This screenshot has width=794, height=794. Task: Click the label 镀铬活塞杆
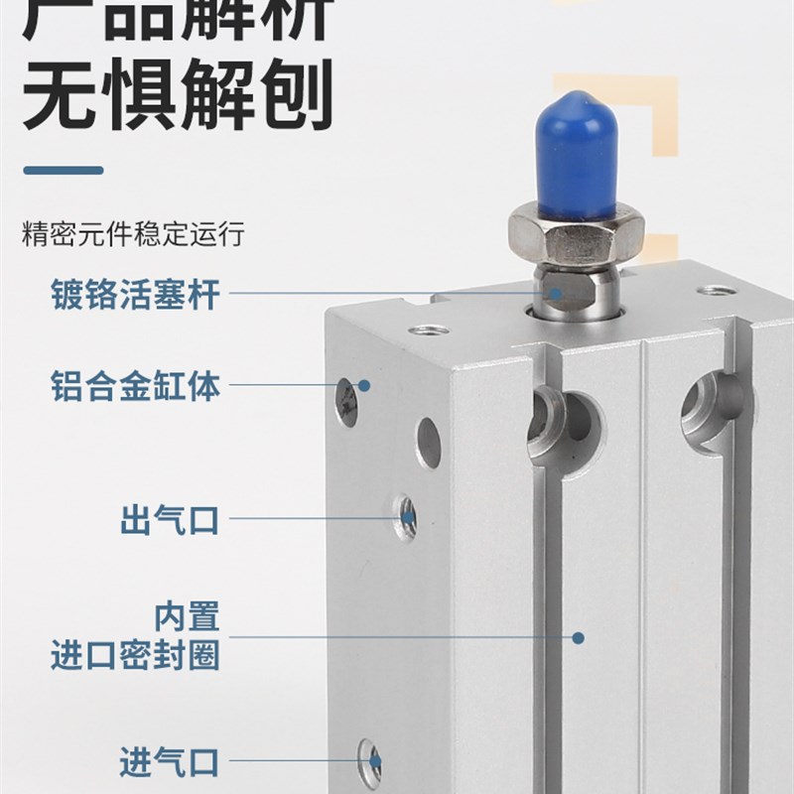134,295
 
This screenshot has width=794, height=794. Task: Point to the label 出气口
169,518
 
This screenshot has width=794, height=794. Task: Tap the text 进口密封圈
134,655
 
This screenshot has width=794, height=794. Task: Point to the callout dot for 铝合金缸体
364,385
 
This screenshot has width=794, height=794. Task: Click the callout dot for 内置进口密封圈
580,637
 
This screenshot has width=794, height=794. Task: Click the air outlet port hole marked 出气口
405,516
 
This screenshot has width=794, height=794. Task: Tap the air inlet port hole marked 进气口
372,762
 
